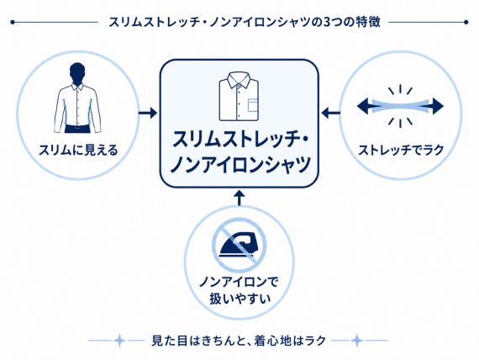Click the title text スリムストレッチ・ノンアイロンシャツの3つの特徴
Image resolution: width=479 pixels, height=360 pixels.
point(245,22)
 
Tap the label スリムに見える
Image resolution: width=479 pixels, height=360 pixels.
point(78,151)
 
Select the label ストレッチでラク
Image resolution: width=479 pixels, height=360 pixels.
point(401,151)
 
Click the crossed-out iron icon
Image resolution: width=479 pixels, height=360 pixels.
point(239,244)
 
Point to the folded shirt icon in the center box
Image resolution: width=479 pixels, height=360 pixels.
point(239,97)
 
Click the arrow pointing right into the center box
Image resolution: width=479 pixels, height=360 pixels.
point(148,114)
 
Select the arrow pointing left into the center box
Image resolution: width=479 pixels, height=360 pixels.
point(331,114)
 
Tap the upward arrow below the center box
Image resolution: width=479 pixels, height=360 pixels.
point(239,198)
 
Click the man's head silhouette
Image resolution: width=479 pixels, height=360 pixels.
point(77,73)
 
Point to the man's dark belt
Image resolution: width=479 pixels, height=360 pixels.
point(78,128)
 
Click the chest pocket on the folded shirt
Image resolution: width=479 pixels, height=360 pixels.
point(252,105)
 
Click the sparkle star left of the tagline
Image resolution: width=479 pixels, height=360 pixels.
point(119,340)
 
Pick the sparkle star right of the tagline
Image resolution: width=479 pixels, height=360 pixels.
point(356,340)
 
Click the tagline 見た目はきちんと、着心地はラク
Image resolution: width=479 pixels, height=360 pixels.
point(239,341)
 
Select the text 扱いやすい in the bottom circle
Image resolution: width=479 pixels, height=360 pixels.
point(240,299)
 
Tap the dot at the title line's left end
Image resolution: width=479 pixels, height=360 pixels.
point(13,22)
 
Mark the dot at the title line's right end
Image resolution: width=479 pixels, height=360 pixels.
point(466,22)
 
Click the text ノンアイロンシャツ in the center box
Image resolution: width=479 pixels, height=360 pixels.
point(240,165)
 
